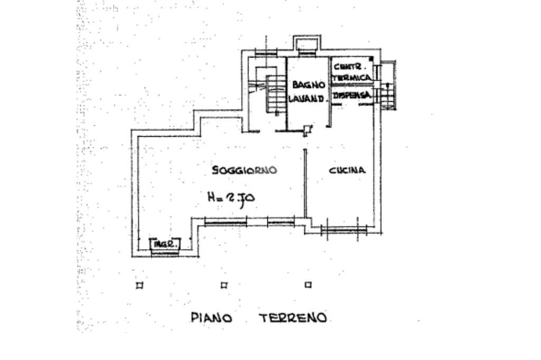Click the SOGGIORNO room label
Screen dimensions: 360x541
point(245,170)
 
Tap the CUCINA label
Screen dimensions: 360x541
point(347,170)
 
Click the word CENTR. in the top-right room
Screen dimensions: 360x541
point(351,67)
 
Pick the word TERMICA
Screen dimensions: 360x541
point(352,78)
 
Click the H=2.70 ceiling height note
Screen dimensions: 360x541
point(231,198)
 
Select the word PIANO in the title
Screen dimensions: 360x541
point(211,318)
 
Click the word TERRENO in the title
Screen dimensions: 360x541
point(293,318)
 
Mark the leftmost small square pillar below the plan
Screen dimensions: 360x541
point(139,286)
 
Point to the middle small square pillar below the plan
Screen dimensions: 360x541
point(224,286)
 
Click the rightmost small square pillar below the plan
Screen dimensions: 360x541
point(308,286)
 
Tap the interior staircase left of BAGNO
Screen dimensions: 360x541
point(275,95)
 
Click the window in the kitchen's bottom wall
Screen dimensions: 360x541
point(343,229)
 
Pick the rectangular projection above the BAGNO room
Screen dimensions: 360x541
point(305,44)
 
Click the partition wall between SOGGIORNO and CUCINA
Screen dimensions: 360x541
point(305,182)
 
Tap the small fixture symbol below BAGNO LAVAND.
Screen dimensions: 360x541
point(307,130)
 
